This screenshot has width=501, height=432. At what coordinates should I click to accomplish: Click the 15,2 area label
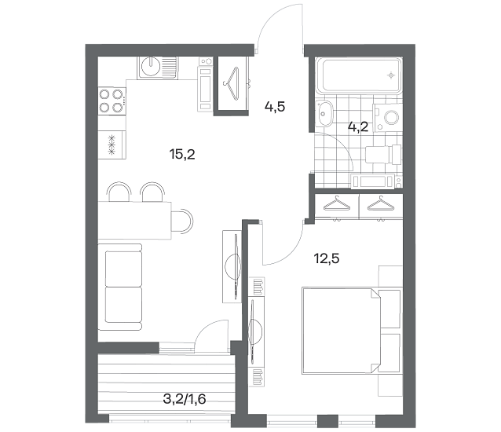coord(182,155)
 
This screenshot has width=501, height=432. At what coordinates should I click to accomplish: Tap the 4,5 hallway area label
coord(275,107)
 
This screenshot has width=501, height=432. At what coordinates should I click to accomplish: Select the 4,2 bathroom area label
coord(358,127)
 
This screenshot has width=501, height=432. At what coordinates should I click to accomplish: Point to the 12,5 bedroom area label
coord(327,258)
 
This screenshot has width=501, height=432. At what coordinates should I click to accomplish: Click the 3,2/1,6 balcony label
coord(185,399)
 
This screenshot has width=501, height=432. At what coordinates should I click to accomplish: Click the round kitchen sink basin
coord(151,66)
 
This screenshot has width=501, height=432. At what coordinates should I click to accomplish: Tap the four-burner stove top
coord(112,101)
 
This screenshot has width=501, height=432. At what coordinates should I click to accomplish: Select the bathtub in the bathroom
coord(362,75)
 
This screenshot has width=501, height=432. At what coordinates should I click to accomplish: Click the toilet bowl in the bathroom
coord(388,118)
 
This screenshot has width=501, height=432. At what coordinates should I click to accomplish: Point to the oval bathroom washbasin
coord(324,113)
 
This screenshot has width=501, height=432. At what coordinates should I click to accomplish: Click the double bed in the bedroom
coord(351,331)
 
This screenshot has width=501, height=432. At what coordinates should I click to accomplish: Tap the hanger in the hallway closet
coord(232,83)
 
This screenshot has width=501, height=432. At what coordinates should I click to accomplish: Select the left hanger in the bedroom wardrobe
coord(337,204)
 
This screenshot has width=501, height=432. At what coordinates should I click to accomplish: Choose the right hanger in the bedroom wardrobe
coord(381,204)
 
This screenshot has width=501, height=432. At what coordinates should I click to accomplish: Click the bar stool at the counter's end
coord(182,221)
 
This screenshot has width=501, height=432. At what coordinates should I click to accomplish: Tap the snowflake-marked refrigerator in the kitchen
coord(112,145)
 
